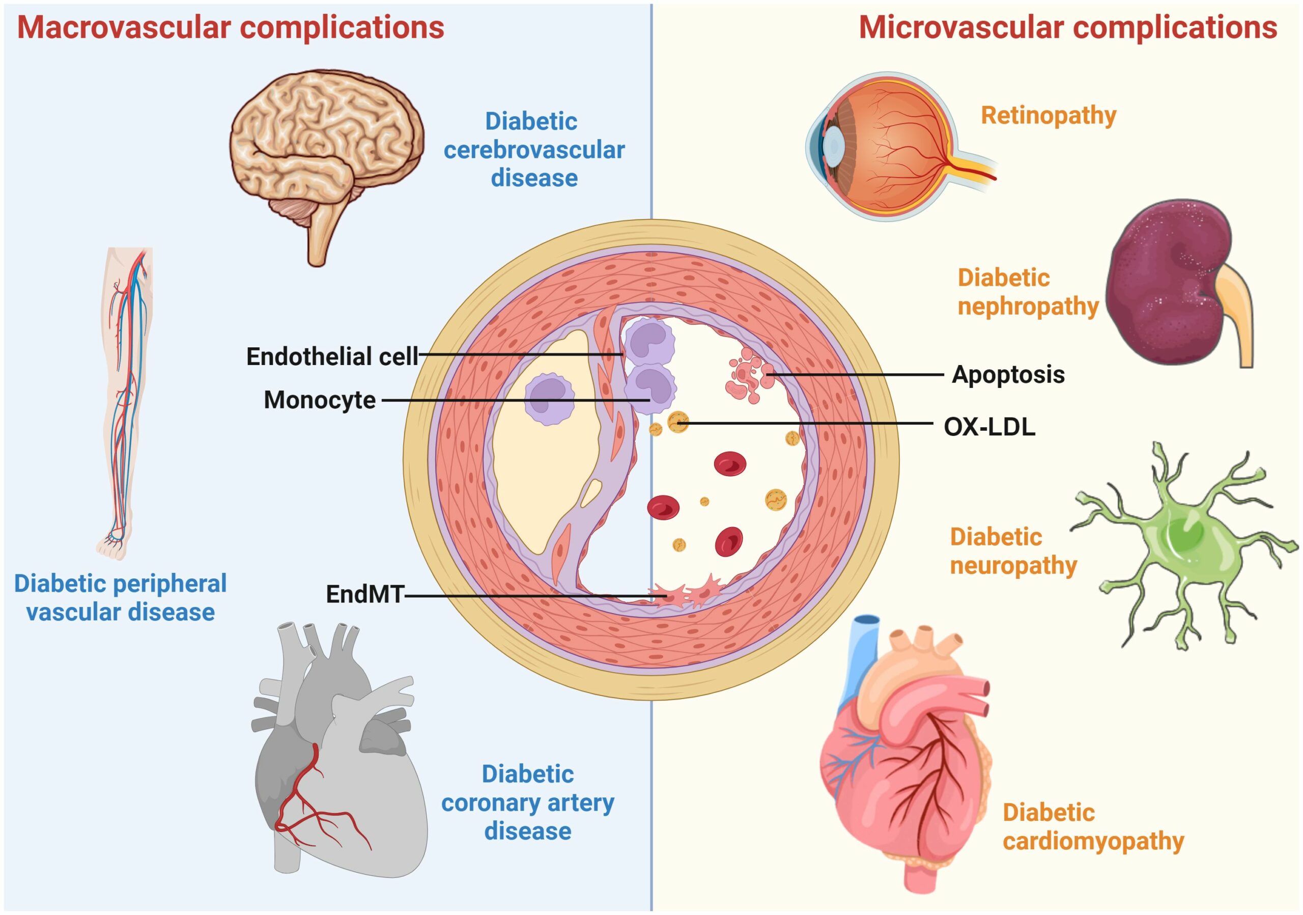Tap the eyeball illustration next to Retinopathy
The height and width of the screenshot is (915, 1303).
(897, 147)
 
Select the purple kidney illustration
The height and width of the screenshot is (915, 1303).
(1169, 284)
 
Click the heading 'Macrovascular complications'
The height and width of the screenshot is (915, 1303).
(231, 27)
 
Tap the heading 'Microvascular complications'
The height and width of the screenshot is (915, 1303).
(1067, 27)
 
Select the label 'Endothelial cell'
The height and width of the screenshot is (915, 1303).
(332, 356)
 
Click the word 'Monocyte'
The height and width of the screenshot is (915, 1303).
(320, 400)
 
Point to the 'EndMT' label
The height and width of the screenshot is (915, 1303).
(364, 594)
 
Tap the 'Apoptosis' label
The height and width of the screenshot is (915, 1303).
(1008, 375)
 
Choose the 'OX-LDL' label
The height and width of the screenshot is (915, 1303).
(989, 427)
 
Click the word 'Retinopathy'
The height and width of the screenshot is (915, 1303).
(1048, 115)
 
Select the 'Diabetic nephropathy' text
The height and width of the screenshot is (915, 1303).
(1028, 292)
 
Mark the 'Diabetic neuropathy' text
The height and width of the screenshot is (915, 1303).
(1013, 551)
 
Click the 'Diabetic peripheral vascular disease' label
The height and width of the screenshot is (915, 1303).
(120, 598)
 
